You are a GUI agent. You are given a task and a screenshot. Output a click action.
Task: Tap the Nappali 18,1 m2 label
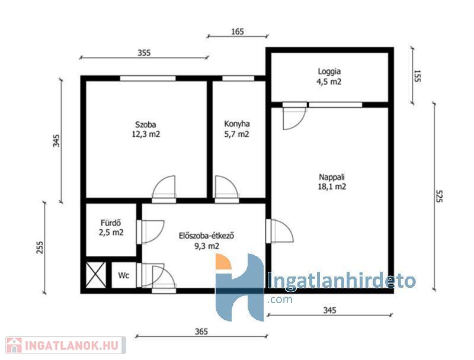pyautogui.click(x=332, y=182)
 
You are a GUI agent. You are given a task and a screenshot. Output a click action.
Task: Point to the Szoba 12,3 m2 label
pyautogui.click(x=146, y=129)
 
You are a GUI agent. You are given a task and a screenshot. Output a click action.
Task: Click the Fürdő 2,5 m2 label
pyautogui.click(x=111, y=228)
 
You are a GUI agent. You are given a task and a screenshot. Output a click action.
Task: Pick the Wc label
pyautogui.click(x=124, y=275)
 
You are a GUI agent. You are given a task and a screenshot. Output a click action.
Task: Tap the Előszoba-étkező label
pyautogui.click(x=206, y=236)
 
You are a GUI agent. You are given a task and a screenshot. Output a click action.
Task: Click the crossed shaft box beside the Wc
pyautogui.click(x=96, y=275)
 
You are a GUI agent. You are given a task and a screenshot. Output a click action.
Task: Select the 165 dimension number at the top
pyautogui.click(x=238, y=31)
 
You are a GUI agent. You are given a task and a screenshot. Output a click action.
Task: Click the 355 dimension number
pyautogui.click(x=144, y=53)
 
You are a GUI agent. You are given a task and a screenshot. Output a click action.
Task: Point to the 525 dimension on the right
pyautogui.click(x=439, y=196)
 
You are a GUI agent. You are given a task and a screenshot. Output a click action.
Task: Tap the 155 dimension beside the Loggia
pyautogui.click(x=417, y=76)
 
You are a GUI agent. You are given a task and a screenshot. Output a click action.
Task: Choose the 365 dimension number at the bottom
pyautogui.click(x=201, y=332)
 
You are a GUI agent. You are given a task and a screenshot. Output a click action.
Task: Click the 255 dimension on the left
pyautogui.click(x=40, y=247)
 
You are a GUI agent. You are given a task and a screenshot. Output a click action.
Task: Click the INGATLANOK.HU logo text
pyautogui.click(x=71, y=346)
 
